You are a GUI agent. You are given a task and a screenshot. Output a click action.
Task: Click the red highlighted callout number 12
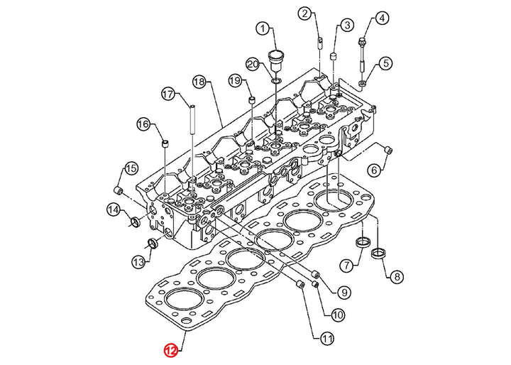171,351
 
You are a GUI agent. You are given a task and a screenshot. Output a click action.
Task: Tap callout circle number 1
263,28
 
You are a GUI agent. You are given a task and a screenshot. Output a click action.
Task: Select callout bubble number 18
199,82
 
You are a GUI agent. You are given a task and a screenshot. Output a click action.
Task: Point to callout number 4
382,18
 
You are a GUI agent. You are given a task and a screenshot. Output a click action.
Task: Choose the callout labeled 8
397,277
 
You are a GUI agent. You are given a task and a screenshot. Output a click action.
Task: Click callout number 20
253,64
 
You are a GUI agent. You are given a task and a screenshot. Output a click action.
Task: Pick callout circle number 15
131,168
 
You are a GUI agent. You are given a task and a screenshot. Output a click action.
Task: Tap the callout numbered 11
327,339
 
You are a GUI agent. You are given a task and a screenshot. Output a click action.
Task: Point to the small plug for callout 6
388,151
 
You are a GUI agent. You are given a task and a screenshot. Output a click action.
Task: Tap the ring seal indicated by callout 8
378,253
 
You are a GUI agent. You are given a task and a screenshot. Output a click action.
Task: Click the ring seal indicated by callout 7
362,243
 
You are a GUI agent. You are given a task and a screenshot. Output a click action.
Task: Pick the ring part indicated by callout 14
135,222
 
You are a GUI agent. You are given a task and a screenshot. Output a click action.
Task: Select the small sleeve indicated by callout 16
166,143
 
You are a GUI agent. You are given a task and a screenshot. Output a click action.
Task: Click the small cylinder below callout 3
334,56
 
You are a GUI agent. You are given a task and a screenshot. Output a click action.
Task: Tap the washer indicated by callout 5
363,83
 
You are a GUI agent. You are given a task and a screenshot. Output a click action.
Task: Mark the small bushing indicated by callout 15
119,190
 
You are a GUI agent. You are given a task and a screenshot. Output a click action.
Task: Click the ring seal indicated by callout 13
153,243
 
